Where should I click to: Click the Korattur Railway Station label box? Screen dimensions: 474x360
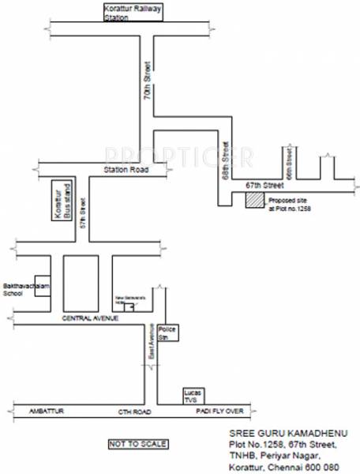pos(131,12)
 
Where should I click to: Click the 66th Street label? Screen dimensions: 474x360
pos(290,163)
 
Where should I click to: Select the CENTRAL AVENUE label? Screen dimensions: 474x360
pos(89,318)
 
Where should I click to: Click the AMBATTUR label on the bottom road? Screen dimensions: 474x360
pos(43,412)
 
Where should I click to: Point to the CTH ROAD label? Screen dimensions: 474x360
pos(133,412)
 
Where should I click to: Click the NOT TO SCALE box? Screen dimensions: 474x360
pos(137,444)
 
